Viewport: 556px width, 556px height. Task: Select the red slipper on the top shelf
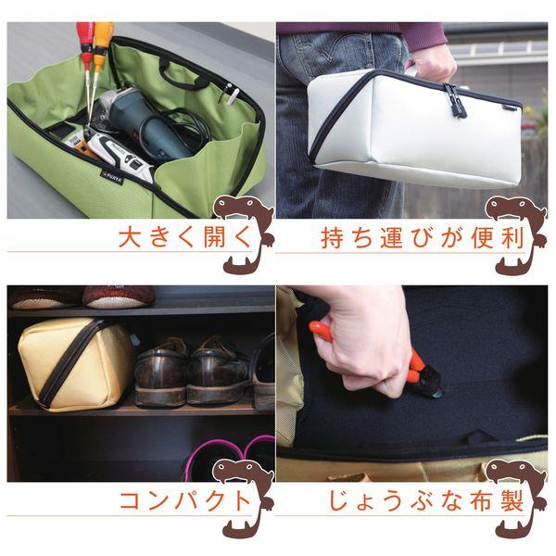click(119, 297)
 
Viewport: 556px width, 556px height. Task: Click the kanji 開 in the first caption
click(215, 237)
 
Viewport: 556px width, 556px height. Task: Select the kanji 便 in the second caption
click(483, 238)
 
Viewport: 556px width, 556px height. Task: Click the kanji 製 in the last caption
click(512, 500)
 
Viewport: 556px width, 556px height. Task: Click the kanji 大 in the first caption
click(130, 237)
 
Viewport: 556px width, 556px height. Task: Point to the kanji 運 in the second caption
click(392, 238)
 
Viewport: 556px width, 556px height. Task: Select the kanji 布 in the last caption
click(482, 500)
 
